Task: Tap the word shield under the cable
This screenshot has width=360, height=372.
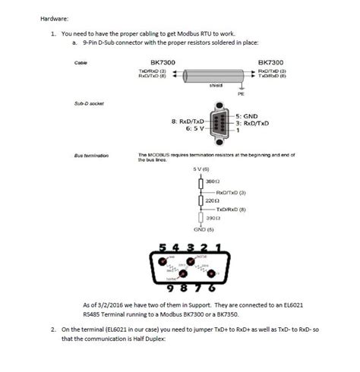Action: [216, 86]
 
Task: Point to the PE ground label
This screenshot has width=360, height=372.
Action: [241, 94]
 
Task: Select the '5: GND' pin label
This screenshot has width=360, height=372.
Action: [245, 116]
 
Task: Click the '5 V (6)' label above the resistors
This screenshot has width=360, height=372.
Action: [201, 168]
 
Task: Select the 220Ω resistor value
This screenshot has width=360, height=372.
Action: [213, 200]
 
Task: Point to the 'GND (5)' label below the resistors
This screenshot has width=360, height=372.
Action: [203, 229]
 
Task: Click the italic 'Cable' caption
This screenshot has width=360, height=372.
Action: [81, 62]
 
